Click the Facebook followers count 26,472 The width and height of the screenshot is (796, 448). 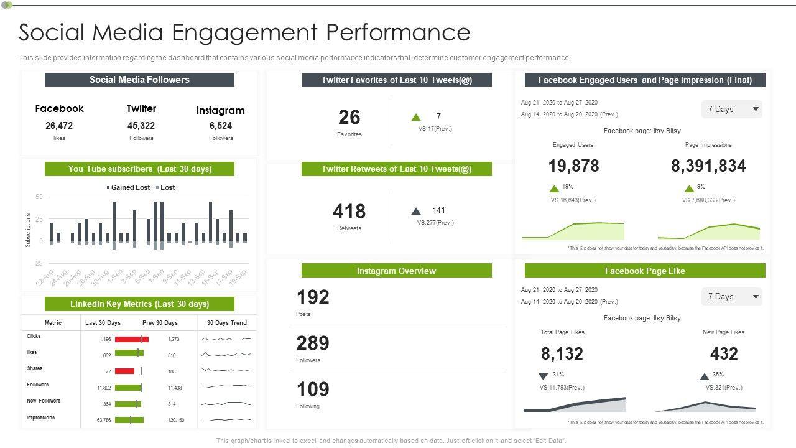[x=59, y=126]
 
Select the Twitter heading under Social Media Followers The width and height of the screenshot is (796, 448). [x=141, y=108]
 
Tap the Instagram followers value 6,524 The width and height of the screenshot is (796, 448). [x=221, y=126]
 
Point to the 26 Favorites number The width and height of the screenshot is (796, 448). [x=349, y=117]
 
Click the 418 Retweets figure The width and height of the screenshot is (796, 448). [x=349, y=212]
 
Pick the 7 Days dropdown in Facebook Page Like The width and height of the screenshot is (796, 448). [x=732, y=297]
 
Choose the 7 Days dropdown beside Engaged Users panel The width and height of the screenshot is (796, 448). [x=732, y=110]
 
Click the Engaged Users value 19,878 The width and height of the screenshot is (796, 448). [x=573, y=166]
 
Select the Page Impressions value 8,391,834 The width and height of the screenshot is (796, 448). [x=708, y=166]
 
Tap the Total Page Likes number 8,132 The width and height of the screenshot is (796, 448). [x=562, y=354]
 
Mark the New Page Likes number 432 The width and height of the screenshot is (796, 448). [x=724, y=354]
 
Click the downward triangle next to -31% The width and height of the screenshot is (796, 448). [x=543, y=376]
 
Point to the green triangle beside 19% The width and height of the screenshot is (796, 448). [x=554, y=189]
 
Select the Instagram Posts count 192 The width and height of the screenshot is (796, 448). [x=313, y=297]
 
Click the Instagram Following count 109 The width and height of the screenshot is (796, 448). [x=313, y=390]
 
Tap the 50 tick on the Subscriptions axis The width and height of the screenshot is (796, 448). [x=39, y=197]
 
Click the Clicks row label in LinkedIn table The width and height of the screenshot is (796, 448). [x=34, y=336]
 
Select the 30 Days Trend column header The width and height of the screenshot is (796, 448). [x=226, y=323]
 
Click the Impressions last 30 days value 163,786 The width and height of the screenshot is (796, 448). [x=103, y=421]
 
